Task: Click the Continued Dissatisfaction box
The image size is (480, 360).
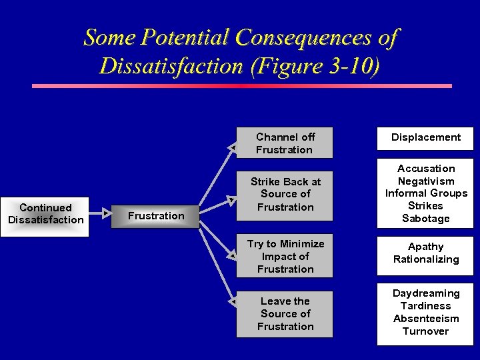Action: tap(46, 214)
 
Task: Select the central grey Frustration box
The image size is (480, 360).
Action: tap(156, 216)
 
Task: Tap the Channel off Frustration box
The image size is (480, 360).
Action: tap(285, 143)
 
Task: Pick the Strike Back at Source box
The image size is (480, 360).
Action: tap(285, 194)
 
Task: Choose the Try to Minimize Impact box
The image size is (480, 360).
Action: tap(285, 257)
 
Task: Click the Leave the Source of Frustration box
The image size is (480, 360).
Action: tap(285, 313)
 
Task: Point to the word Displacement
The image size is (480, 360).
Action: tap(425, 137)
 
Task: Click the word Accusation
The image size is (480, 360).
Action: tap(426, 169)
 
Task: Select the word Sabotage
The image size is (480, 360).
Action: tap(426, 219)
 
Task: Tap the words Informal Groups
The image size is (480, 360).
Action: tap(426, 193)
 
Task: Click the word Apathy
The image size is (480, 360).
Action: tap(426, 247)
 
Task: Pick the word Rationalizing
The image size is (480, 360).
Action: tap(426, 259)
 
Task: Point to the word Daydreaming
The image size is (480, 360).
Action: tap(426, 293)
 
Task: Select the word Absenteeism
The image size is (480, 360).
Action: tap(426, 319)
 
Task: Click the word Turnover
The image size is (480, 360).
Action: tap(426, 331)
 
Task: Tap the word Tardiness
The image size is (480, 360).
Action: tap(426, 306)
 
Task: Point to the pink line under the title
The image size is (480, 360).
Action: tap(242, 86)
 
